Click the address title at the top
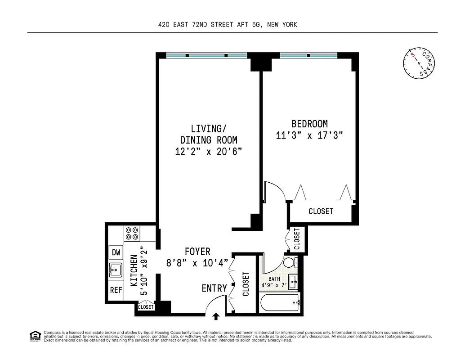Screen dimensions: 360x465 [228, 25]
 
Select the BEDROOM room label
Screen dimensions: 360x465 [309, 124]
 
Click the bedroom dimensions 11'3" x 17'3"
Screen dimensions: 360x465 [309, 135]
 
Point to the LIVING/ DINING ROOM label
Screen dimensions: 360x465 [208, 134]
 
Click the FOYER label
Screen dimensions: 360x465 [197, 252]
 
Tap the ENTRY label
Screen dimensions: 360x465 [214, 288]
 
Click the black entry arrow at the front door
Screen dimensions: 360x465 [216, 317]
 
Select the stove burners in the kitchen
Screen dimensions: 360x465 [132, 233]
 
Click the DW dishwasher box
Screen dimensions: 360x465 [116, 252]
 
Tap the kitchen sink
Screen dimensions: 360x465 [116, 270]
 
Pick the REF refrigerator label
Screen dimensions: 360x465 [116, 290]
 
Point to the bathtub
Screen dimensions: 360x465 [279, 302]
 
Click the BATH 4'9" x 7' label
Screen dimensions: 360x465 [274, 282]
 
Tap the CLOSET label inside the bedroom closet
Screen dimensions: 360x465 [321, 211]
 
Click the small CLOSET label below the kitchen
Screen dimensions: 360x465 [146, 307]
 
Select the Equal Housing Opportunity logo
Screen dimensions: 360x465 [35, 335]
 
